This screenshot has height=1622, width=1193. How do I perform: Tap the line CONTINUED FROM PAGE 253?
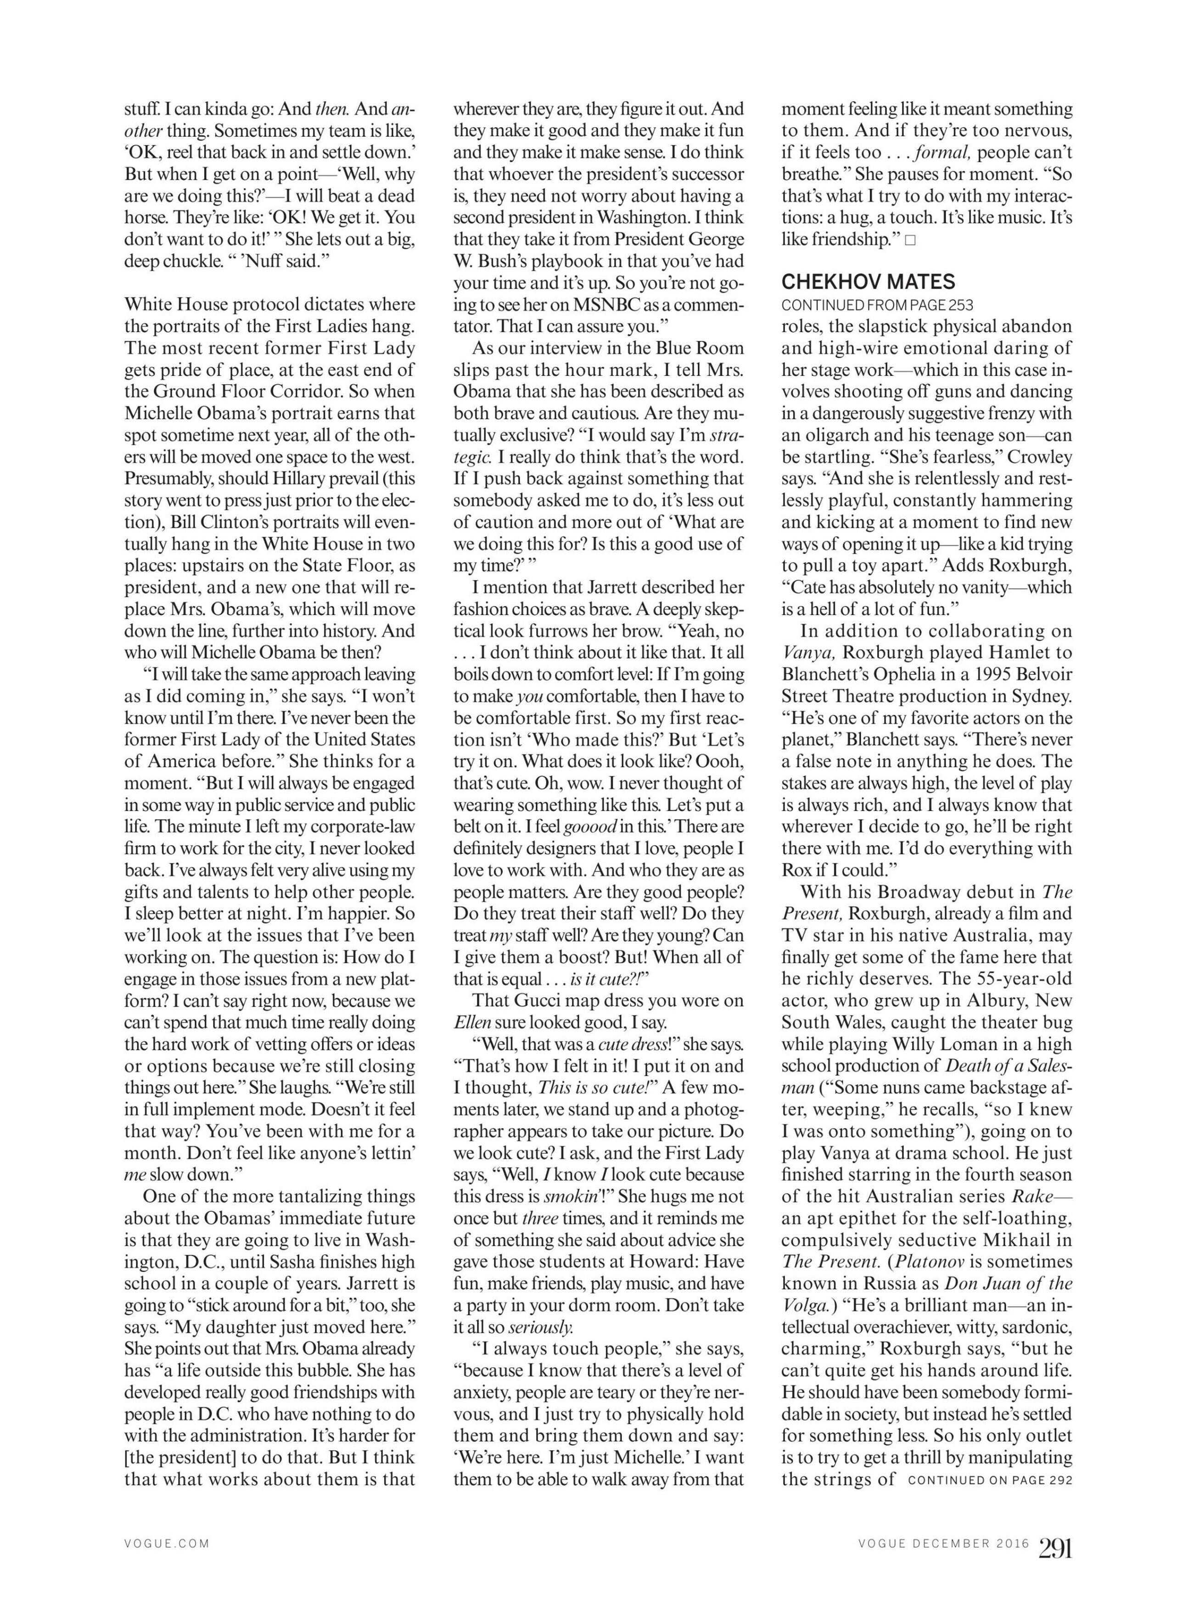tap(877, 305)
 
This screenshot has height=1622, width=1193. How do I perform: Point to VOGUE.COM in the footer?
tap(167, 1544)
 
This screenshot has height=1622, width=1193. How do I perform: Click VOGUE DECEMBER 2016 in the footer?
tap(943, 1544)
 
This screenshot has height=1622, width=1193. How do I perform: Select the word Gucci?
tap(531, 1001)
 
